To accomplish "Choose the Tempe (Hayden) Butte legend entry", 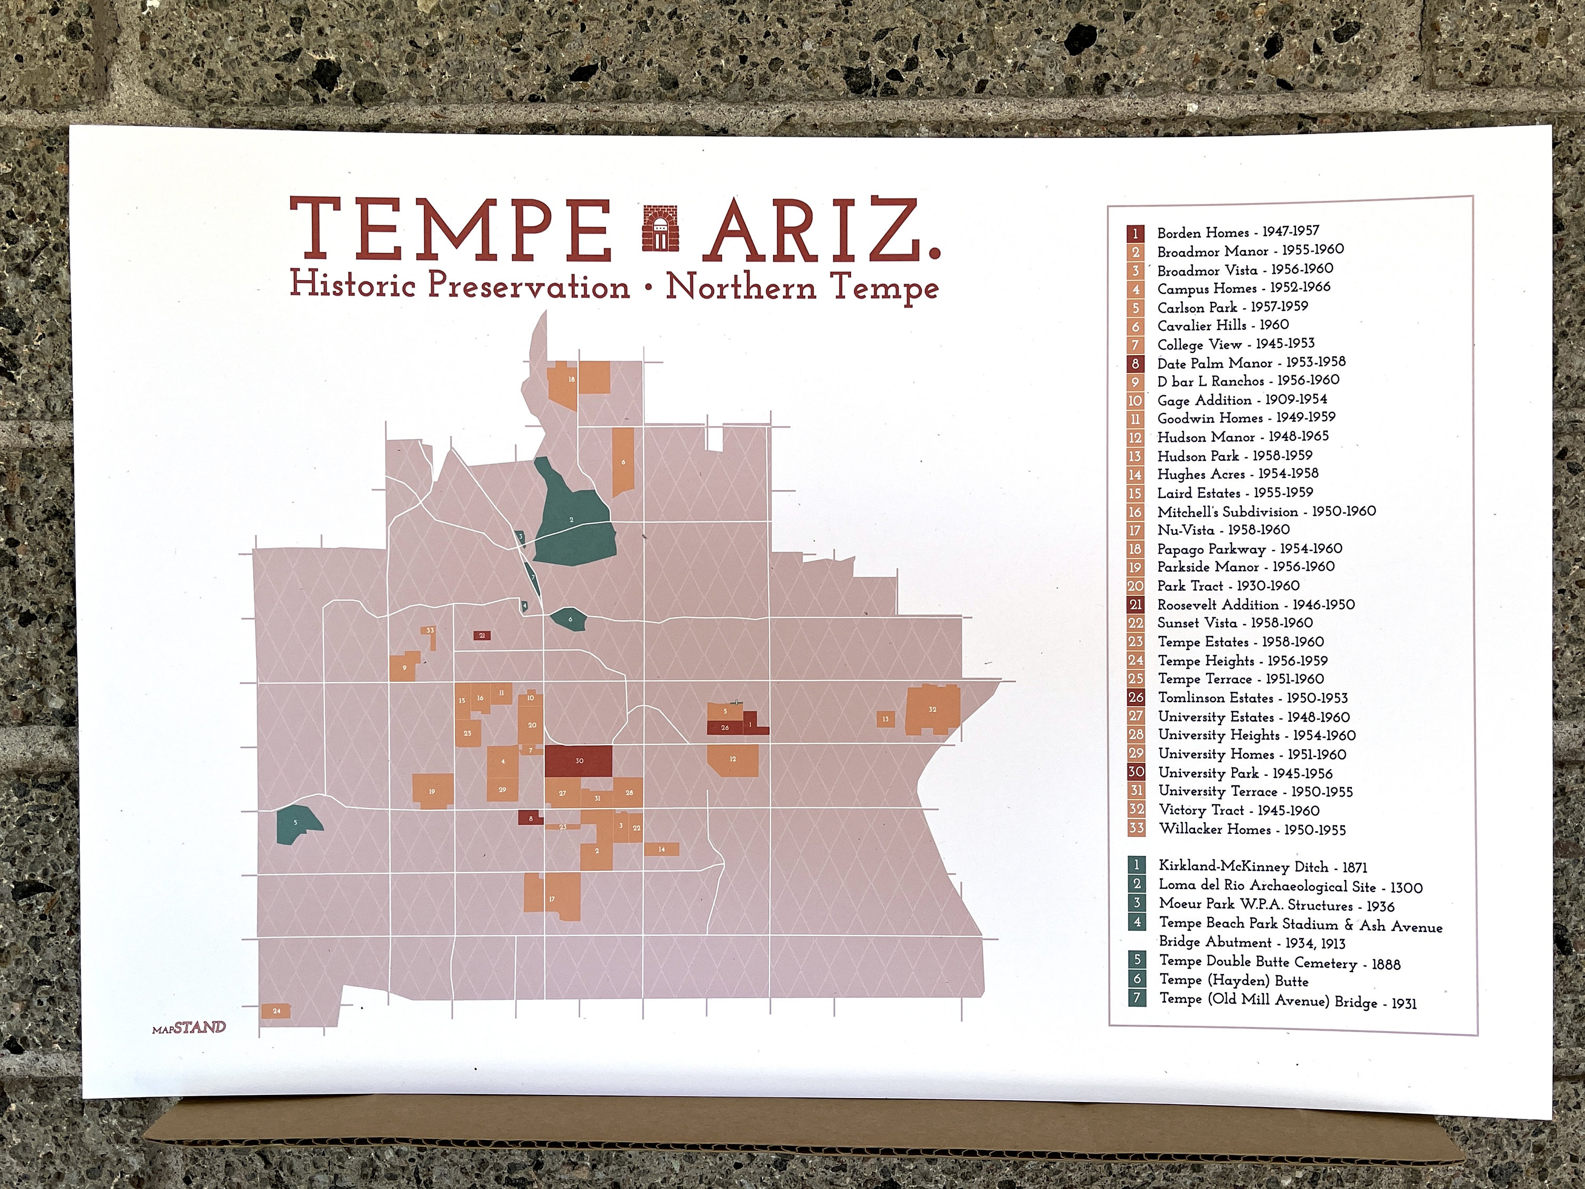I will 1233,980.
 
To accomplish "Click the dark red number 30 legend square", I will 1136,773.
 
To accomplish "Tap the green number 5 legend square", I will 1136,960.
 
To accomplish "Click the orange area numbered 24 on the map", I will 276,1010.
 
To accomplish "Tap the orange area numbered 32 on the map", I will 932,710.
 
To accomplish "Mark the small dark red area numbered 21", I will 482,636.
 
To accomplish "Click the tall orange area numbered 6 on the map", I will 623,462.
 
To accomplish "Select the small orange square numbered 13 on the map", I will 885,719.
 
